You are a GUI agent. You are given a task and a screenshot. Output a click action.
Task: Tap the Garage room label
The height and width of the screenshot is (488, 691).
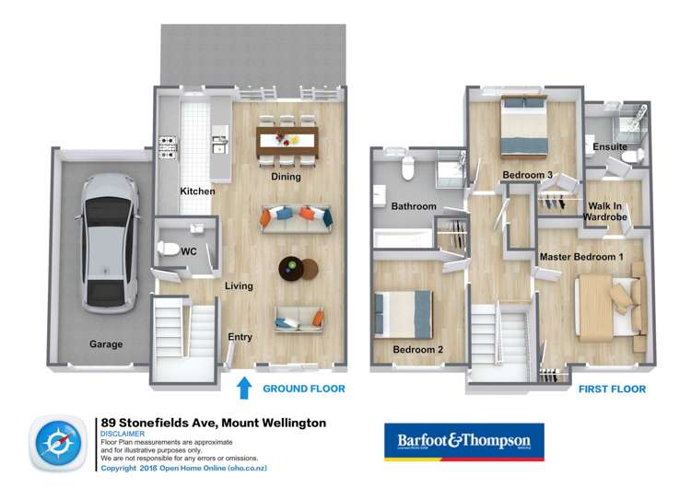(x=106, y=344)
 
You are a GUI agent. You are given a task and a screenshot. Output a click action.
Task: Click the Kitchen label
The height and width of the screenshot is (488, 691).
(x=197, y=192)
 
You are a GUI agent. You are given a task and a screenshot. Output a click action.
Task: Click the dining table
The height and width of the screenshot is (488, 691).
(x=287, y=141)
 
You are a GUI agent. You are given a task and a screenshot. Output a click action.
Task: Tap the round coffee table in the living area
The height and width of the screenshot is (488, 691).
(x=298, y=268)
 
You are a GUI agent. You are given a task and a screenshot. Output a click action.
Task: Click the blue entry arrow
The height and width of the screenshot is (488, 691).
(x=244, y=387)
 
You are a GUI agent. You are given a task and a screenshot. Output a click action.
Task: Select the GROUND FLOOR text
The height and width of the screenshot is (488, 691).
(x=304, y=389)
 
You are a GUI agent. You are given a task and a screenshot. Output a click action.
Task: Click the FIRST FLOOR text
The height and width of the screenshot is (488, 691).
(x=612, y=389)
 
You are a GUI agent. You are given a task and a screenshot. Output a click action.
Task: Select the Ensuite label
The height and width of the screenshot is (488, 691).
(x=610, y=146)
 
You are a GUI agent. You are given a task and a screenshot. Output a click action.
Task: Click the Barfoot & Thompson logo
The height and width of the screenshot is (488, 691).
(x=463, y=441)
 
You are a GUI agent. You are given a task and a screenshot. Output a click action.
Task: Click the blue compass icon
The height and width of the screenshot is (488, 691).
(x=60, y=443)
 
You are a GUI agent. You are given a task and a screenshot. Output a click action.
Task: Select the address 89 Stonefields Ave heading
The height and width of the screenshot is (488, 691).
(x=213, y=423)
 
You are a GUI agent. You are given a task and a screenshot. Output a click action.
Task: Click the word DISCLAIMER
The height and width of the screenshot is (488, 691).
(x=123, y=434)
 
